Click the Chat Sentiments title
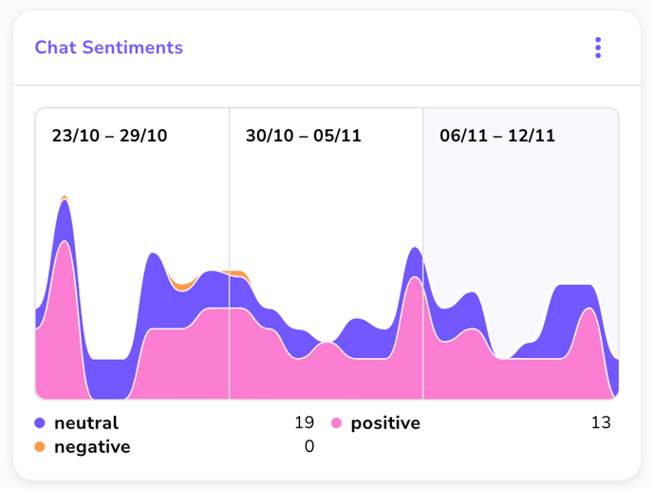(108, 47)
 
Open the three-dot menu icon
(598, 47)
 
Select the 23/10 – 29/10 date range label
(109, 135)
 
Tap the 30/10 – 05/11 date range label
(303, 135)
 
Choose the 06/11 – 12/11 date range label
(497, 135)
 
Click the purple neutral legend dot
(40, 423)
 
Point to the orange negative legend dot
(40, 446)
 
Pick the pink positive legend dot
(336, 423)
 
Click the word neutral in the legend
(86, 423)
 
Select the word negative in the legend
(92, 446)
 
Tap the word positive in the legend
(385, 423)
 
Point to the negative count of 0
(308, 446)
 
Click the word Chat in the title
(55, 47)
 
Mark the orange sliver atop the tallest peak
(65, 197)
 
